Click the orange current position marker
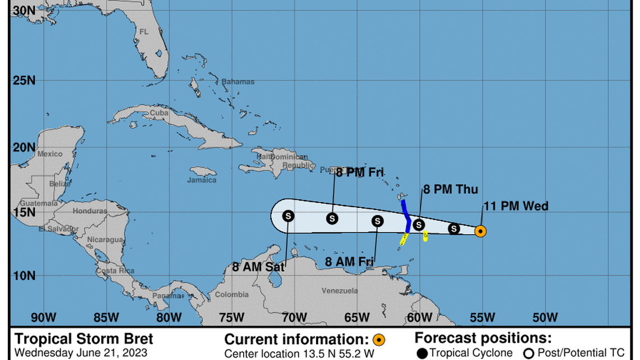pyautogui.click(x=480, y=231)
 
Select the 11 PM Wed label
pyautogui.click(x=516, y=206)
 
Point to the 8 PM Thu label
pyautogui.click(x=450, y=190)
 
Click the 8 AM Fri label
pyautogui.click(x=350, y=261)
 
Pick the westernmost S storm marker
pyautogui.click(x=288, y=215)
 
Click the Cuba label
pyautogui.click(x=159, y=112)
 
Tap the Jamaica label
pyautogui.click(x=202, y=180)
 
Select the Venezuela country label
pyautogui.click(x=340, y=291)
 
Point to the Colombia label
pyautogui.click(x=232, y=295)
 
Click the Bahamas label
pyautogui.click(x=237, y=82)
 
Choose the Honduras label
pyautogui.click(x=90, y=211)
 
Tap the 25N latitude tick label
pyautogui.click(x=24, y=80)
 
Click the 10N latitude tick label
pyautogui.click(x=24, y=275)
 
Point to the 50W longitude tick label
pyautogui.click(x=545, y=317)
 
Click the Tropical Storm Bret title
pyautogui.click(x=84, y=339)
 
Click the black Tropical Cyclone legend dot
pyautogui.click(x=422, y=353)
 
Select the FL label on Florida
pyautogui.click(x=144, y=32)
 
